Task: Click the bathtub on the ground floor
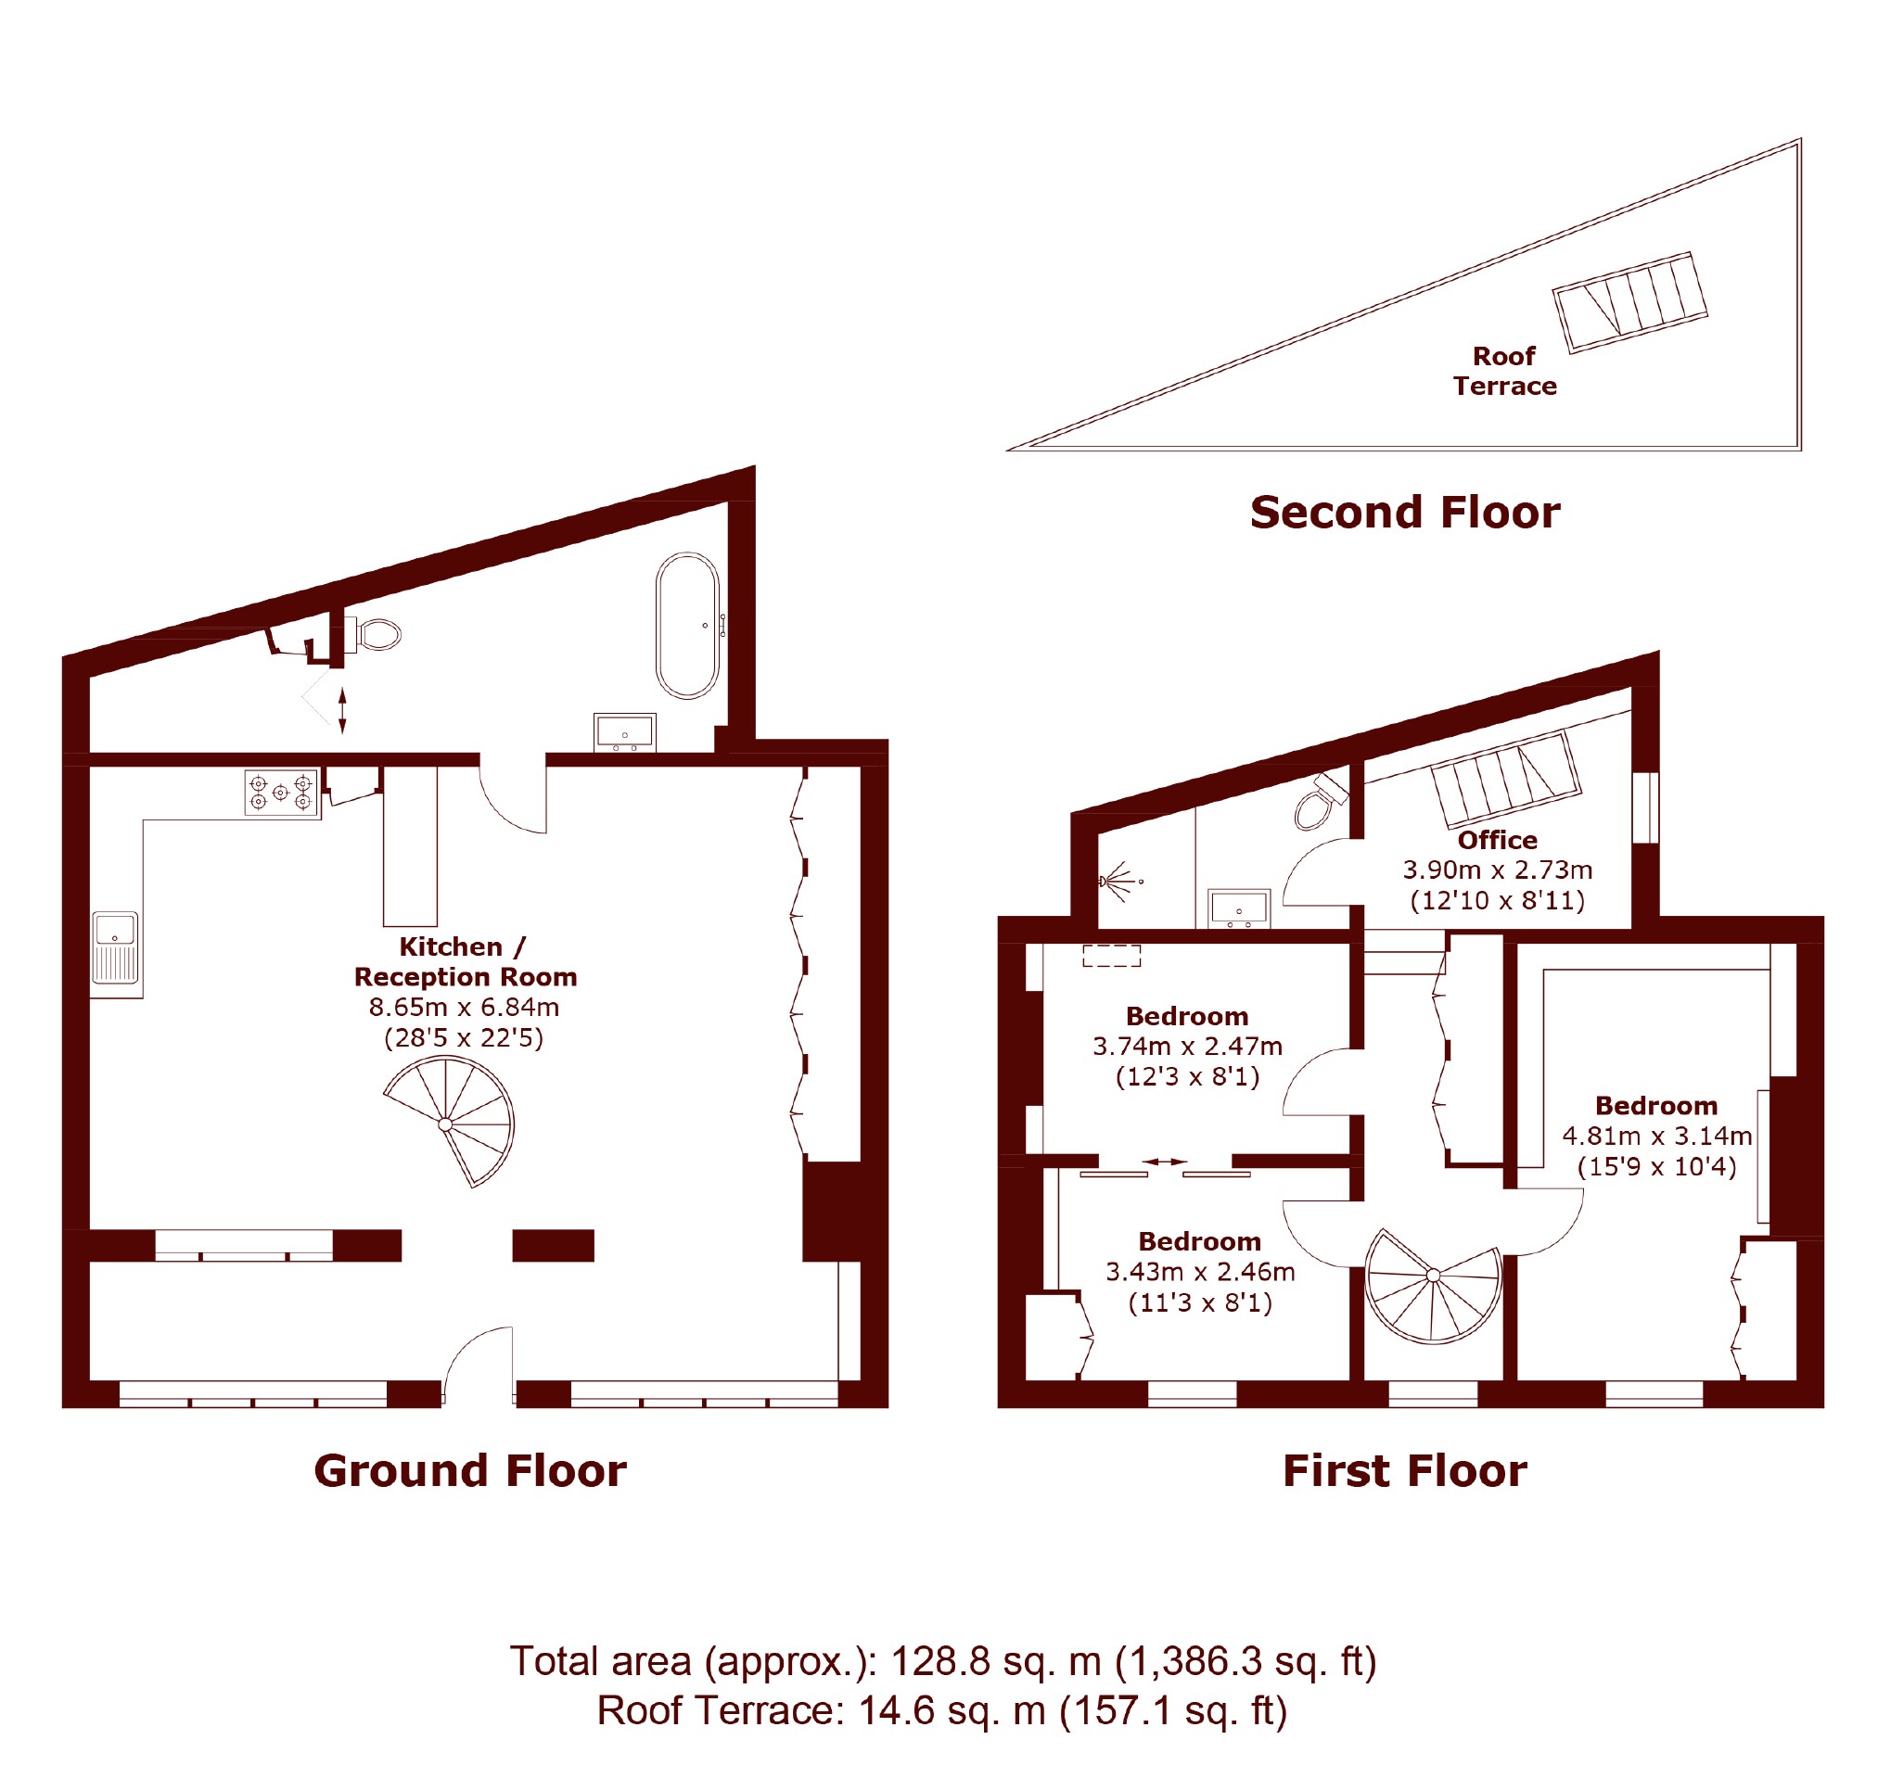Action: [x=687, y=626]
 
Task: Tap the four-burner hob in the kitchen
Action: [x=281, y=793]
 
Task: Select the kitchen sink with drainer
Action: [x=116, y=946]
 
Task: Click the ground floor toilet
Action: [x=374, y=634]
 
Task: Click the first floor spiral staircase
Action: [x=1433, y=1285]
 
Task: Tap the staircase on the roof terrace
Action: [x=1629, y=302]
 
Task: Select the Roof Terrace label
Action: [x=1504, y=371]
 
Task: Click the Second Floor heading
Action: [x=1405, y=512]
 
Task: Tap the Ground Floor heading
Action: [x=470, y=1470]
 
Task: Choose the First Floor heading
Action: [x=1405, y=1470]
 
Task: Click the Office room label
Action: [x=1498, y=840]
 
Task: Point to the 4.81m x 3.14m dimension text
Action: [x=1657, y=1136]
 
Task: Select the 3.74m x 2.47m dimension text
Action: [x=1188, y=1047]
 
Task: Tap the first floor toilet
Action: [x=1321, y=801]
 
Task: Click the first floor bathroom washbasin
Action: [x=1238, y=908]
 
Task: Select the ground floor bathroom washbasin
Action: [x=625, y=732]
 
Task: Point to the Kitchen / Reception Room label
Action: [x=466, y=961]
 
